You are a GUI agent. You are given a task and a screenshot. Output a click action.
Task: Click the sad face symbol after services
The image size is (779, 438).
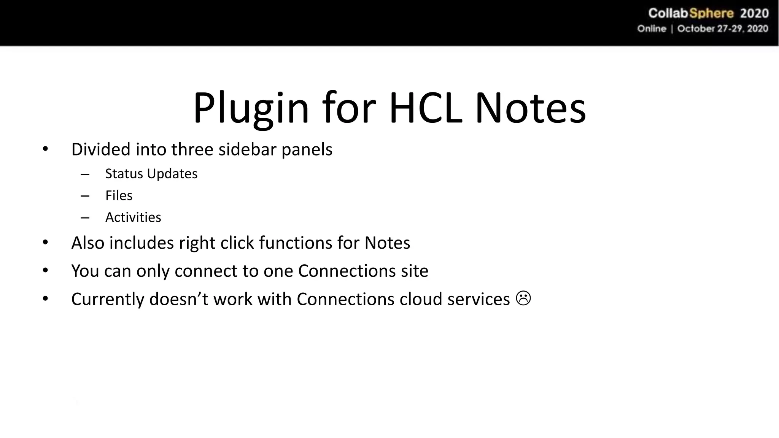(x=523, y=298)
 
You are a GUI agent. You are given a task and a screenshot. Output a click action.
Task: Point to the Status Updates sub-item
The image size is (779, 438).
(x=151, y=174)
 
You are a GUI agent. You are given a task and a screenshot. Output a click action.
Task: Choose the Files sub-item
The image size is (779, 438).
(x=119, y=195)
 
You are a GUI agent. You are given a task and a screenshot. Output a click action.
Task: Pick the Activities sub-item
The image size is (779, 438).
(x=133, y=217)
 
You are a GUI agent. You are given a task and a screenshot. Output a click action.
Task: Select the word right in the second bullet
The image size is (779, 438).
(x=197, y=243)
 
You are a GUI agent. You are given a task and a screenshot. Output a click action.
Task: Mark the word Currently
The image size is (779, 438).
(x=108, y=299)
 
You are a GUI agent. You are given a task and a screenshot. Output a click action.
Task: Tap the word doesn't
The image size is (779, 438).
(x=179, y=299)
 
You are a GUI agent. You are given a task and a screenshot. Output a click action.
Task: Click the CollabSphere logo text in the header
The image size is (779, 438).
(x=691, y=13)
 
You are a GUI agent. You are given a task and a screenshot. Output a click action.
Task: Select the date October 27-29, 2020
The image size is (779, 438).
(x=722, y=29)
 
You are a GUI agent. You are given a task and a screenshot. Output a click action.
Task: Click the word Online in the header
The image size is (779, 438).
(x=652, y=29)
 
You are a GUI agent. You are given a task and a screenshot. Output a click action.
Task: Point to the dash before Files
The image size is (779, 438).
(x=85, y=196)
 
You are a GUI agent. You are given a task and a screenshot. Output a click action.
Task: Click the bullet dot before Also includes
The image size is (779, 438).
(x=45, y=242)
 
